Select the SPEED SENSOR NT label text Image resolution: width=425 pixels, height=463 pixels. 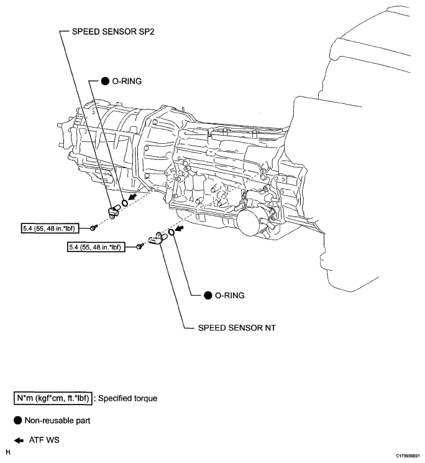[235, 326]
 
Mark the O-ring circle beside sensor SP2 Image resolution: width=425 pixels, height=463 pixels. [125, 202]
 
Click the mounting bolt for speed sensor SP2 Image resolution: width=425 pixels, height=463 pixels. [93, 227]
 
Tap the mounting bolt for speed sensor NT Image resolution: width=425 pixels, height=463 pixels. [139, 247]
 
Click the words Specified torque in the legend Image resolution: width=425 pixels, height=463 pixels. [128, 397]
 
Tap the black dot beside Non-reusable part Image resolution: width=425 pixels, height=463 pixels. [19, 421]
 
